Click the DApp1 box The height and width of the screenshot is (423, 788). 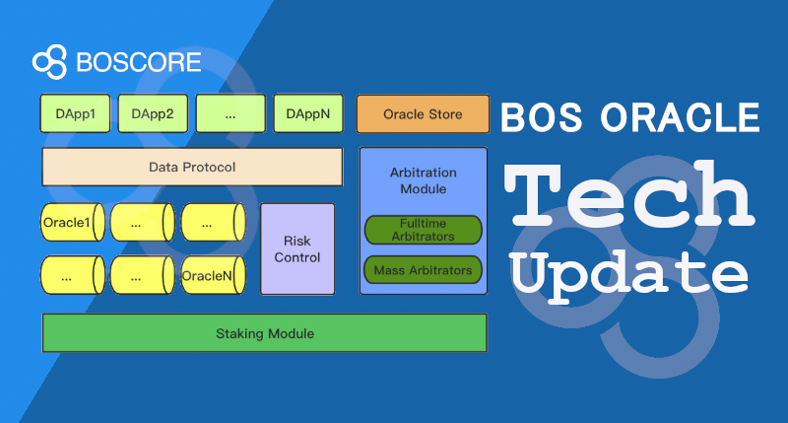point(75,113)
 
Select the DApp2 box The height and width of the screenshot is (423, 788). point(153,113)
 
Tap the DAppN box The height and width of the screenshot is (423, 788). point(308,113)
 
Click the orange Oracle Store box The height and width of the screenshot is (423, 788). point(423,114)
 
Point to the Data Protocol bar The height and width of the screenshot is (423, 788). point(191,167)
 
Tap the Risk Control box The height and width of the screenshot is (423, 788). point(296,248)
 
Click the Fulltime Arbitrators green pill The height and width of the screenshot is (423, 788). point(423,230)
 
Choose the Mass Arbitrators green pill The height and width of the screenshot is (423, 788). point(423,269)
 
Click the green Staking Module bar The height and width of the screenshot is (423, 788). point(264,333)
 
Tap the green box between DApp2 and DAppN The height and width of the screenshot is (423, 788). point(230,113)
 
